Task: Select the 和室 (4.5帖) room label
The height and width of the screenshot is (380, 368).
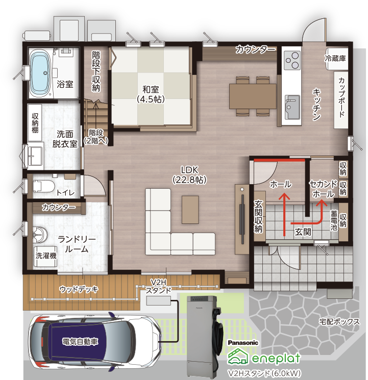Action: click(151, 94)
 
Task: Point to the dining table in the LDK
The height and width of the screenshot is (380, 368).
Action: click(253, 96)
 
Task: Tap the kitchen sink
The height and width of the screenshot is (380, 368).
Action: click(292, 107)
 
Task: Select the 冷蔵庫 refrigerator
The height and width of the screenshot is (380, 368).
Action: click(336, 59)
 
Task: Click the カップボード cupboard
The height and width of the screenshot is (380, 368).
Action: click(341, 100)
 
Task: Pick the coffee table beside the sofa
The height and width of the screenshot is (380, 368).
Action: click(190, 210)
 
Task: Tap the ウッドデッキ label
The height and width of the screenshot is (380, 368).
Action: click(79, 289)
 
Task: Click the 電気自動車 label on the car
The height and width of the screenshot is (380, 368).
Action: click(80, 342)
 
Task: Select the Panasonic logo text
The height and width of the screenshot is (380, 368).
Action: click(243, 343)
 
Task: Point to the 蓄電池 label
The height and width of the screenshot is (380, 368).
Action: click(334, 220)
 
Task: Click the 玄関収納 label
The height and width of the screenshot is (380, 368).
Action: click(258, 216)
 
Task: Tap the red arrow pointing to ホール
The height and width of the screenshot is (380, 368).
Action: click(284, 214)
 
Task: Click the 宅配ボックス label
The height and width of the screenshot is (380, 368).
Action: click(339, 321)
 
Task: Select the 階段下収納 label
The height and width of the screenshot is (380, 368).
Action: click(96, 71)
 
